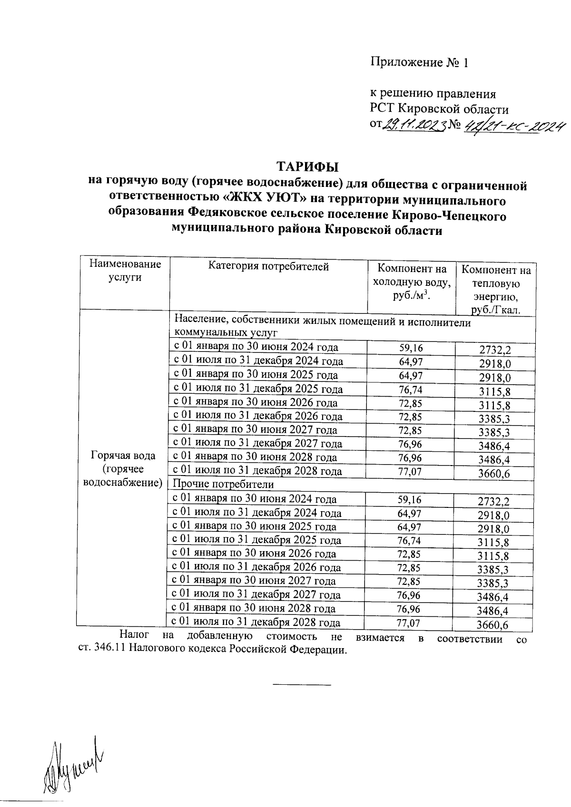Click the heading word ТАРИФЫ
click(x=307, y=167)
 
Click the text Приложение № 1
click(x=419, y=63)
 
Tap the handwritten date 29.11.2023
click(x=414, y=125)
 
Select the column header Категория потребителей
click(x=269, y=267)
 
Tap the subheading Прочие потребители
click(x=223, y=485)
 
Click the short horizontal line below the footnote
click(x=301, y=685)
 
